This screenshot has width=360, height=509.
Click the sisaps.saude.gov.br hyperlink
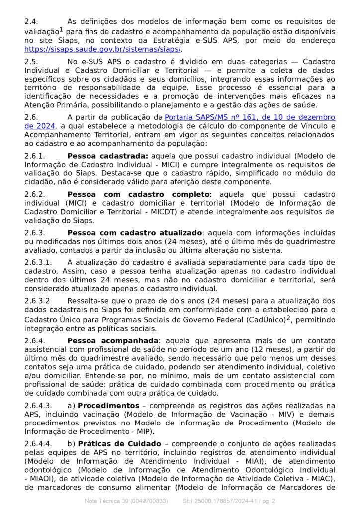pos(103,49)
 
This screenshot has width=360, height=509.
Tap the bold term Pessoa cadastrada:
pos(107,156)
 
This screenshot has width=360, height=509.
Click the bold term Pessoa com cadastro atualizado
pos(135,233)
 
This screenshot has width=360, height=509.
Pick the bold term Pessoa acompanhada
pos(112,340)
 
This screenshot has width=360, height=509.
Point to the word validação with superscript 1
pos(42,31)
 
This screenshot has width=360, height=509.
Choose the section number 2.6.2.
pos(34,194)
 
